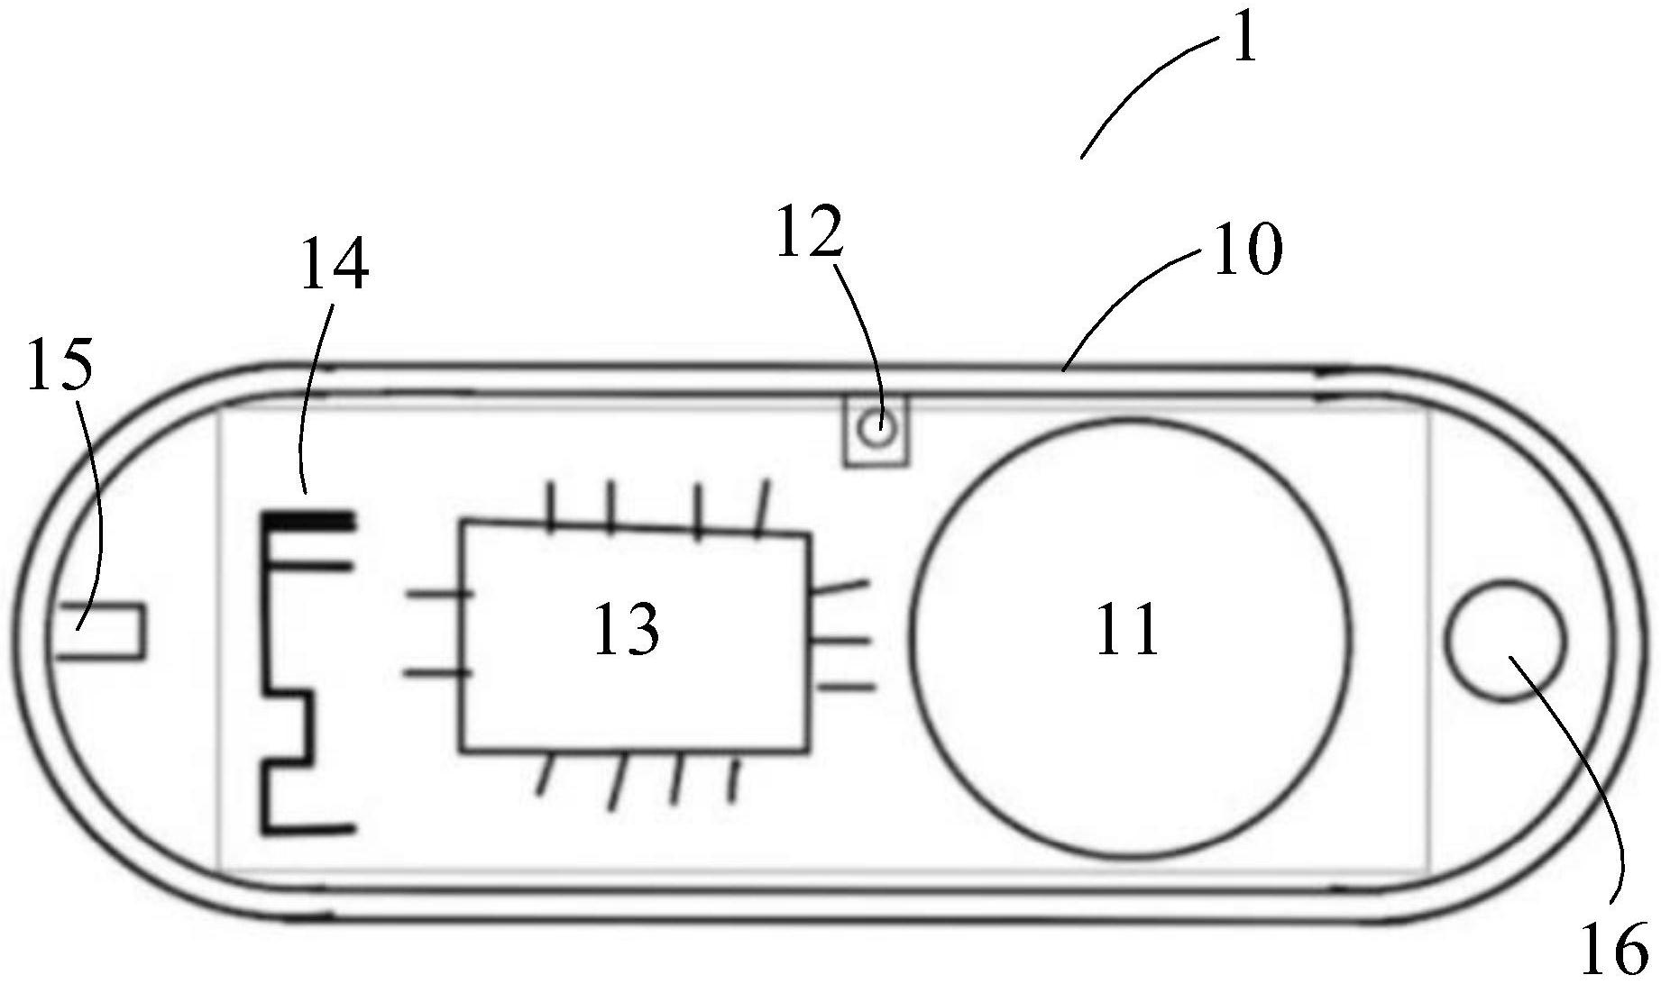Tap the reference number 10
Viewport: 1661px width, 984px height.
click(1247, 249)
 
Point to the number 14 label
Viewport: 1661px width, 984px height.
click(334, 264)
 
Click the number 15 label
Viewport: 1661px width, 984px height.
click(60, 366)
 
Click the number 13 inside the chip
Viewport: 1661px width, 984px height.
click(626, 631)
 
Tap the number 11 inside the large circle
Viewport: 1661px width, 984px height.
click(1127, 631)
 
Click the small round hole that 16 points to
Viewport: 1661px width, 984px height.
click(1504, 641)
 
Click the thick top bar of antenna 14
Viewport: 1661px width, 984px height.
click(307, 521)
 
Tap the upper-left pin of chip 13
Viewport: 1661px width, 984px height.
click(439, 593)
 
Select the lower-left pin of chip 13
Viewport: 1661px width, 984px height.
click(438, 672)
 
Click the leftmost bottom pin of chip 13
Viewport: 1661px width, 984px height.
click(543, 775)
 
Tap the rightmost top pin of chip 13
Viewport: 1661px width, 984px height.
click(763, 509)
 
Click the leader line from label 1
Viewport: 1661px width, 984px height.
click(1145, 90)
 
